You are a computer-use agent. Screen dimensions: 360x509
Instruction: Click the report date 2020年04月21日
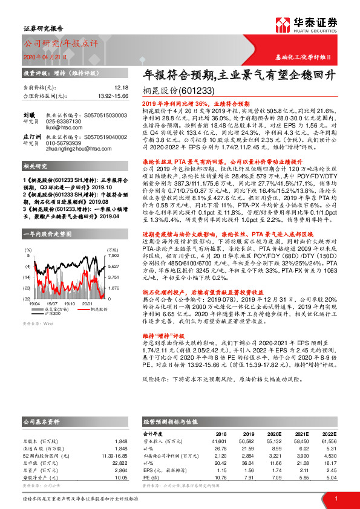(45, 56)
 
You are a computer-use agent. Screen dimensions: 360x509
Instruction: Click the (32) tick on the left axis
(27, 299)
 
